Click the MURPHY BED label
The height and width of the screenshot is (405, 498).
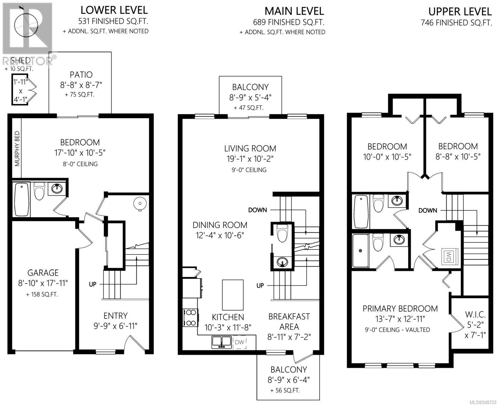click(x=17, y=148)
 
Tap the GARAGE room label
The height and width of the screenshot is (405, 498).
click(x=43, y=273)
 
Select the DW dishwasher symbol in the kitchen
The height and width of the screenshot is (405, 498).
click(x=240, y=342)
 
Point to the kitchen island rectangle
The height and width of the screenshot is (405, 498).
click(x=233, y=295)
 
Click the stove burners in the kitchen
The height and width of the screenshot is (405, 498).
click(x=191, y=317)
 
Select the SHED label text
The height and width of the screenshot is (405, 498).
click(x=21, y=60)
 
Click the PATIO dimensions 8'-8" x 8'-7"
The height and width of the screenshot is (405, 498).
click(x=81, y=85)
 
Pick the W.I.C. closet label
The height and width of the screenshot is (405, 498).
click(x=475, y=315)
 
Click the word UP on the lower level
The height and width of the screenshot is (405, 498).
click(x=93, y=284)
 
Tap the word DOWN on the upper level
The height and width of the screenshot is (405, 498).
click(x=428, y=211)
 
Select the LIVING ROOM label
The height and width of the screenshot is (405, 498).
click(x=250, y=148)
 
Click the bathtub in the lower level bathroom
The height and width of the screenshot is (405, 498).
click(x=22, y=199)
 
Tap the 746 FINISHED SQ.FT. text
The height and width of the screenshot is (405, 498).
click(x=456, y=22)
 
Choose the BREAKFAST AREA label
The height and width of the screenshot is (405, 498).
click(x=289, y=321)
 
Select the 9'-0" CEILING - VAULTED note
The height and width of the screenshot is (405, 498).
click(x=397, y=330)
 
